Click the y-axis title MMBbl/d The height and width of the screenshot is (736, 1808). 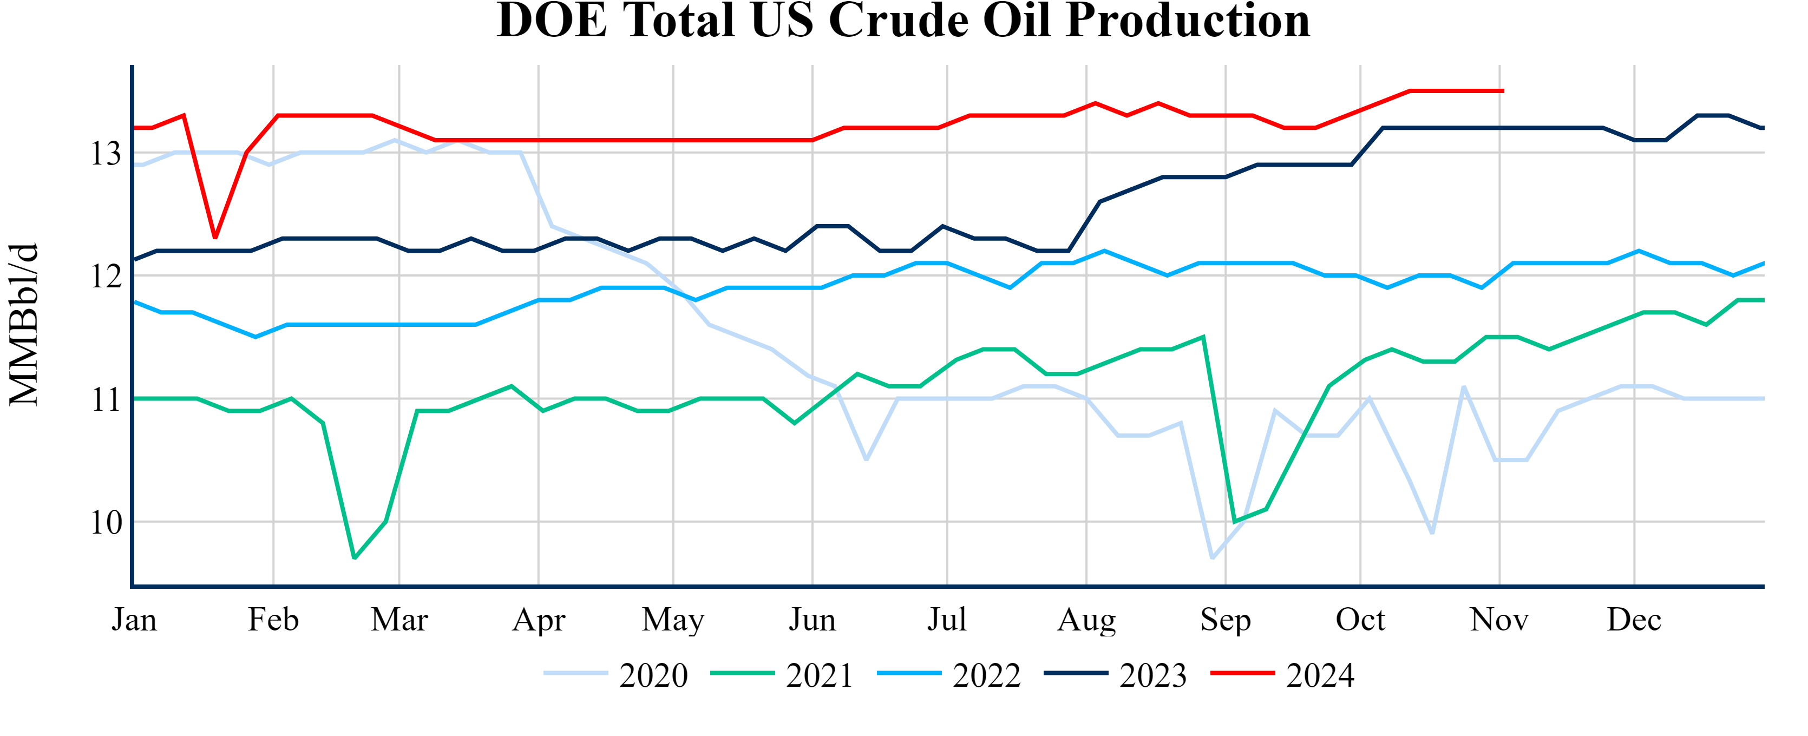(24, 324)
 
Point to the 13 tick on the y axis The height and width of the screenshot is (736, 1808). (106, 153)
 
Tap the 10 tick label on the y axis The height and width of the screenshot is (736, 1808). (106, 523)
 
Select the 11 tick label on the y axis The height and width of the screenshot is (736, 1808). (106, 400)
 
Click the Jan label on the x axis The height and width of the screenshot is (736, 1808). (134, 620)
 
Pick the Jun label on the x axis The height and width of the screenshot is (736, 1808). (812, 620)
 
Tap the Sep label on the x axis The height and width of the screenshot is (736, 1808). (1226, 620)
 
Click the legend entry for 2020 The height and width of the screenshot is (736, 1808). (616, 675)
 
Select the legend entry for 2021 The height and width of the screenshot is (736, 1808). (783, 675)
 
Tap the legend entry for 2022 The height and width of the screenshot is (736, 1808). (949, 675)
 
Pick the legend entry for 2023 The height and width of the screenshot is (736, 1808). (1116, 675)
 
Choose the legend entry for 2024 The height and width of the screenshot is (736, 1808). (1283, 675)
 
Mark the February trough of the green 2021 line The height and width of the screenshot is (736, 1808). (355, 558)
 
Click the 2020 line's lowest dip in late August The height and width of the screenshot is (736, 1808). (1212, 558)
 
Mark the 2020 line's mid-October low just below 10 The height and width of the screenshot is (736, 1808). (1432, 533)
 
